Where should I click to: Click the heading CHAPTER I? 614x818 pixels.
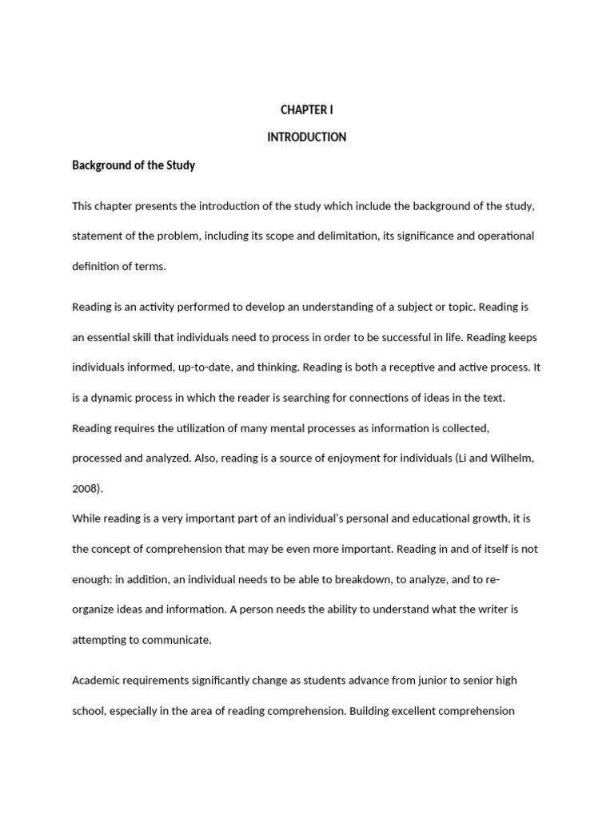(306, 109)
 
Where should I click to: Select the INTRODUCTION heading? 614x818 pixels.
(306, 137)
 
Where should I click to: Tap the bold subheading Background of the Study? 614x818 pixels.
(134, 165)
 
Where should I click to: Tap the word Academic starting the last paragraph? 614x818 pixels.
(98, 681)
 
